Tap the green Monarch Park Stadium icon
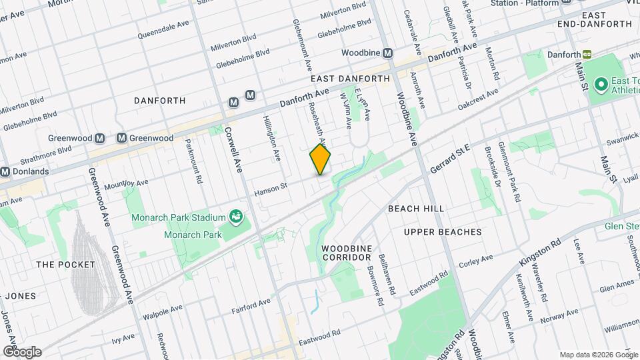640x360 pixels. click(235, 215)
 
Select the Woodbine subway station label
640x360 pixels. click(363, 52)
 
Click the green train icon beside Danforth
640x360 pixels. click(587, 53)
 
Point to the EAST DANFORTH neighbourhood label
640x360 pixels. click(349, 79)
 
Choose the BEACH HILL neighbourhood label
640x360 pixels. click(417, 209)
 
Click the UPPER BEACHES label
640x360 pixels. click(442, 232)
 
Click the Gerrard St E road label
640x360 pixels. click(450, 158)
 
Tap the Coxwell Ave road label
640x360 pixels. click(231, 150)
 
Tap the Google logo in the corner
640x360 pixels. click(22, 351)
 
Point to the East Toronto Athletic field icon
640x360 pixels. click(600, 84)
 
